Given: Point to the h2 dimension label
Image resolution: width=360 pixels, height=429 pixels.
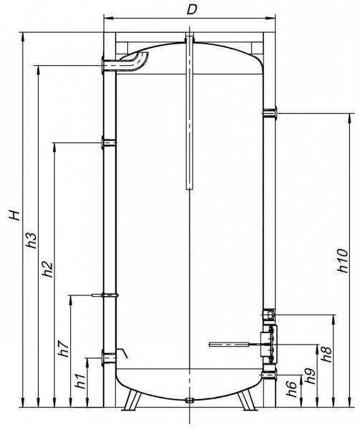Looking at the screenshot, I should (47, 270).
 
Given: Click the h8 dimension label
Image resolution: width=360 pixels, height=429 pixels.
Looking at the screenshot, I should (327, 355).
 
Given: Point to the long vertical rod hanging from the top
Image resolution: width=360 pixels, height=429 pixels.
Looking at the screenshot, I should (189, 114).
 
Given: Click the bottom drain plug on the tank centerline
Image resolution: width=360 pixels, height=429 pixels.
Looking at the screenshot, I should (189, 400).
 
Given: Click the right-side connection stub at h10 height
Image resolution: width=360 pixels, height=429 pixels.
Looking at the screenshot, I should (268, 112).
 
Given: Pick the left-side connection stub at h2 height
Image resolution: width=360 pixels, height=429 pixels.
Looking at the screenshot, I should (108, 142).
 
